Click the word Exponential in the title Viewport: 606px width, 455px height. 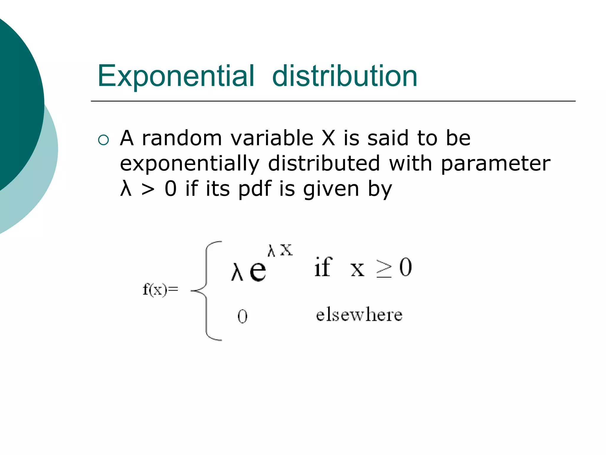(x=176, y=76)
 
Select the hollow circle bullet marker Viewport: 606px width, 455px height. (x=103, y=140)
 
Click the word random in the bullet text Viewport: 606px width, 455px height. (x=182, y=138)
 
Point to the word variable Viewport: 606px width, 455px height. (x=272, y=138)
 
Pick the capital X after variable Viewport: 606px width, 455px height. (x=328, y=138)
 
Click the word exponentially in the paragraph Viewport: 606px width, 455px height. (x=189, y=164)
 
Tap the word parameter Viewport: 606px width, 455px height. (x=495, y=164)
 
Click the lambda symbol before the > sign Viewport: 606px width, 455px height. (x=126, y=189)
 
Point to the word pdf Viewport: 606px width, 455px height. (x=255, y=189)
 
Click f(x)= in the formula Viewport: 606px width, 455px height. (x=160, y=289)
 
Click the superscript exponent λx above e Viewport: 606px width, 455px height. (x=280, y=250)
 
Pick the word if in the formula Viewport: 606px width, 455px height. (x=323, y=267)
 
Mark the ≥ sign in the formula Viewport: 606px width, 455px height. (x=384, y=268)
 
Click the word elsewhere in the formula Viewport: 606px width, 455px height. (x=359, y=315)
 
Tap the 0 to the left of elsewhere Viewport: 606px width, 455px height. (x=242, y=316)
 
